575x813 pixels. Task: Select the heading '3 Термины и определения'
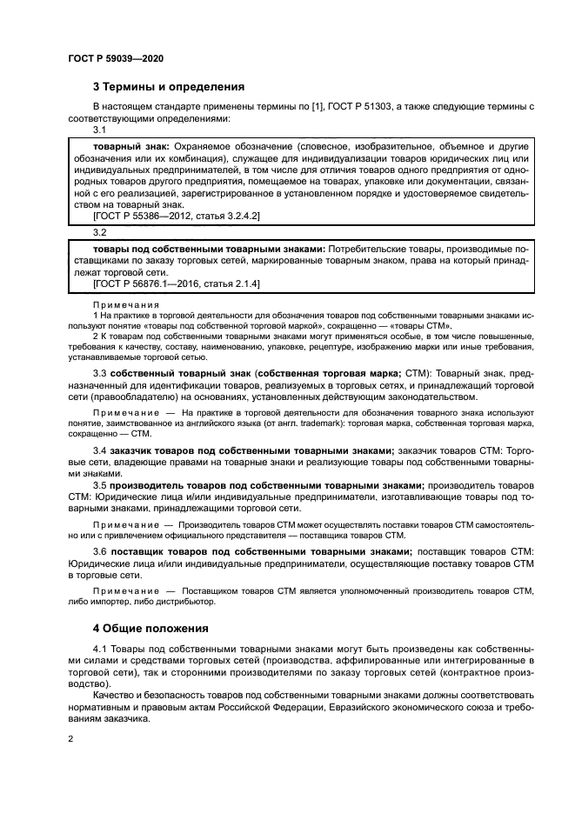pyautogui.click(x=169, y=87)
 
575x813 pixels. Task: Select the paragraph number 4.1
pyautogui.click(x=101, y=650)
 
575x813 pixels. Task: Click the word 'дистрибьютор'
pyautogui.click(x=184, y=601)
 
